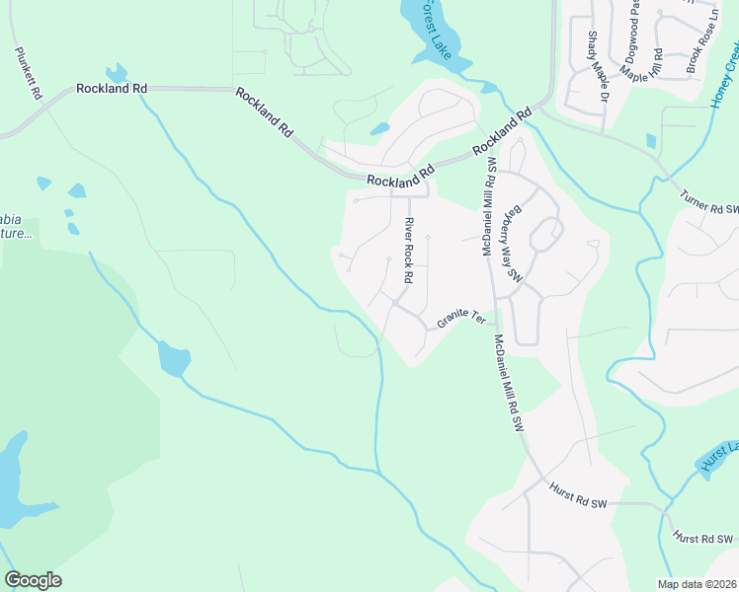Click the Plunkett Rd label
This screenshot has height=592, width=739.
tap(27, 73)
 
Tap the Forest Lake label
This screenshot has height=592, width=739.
tap(435, 30)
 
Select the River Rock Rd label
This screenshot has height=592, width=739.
tap(408, 252)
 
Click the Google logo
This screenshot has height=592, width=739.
tap(33, 580)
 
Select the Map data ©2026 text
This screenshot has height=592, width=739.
tap(696, 584)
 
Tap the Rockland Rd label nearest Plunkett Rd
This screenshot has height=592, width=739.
tap(111, 89)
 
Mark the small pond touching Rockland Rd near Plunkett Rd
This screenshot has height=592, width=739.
tap(117, 73)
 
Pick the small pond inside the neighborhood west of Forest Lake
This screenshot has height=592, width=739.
tap(379, 128)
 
